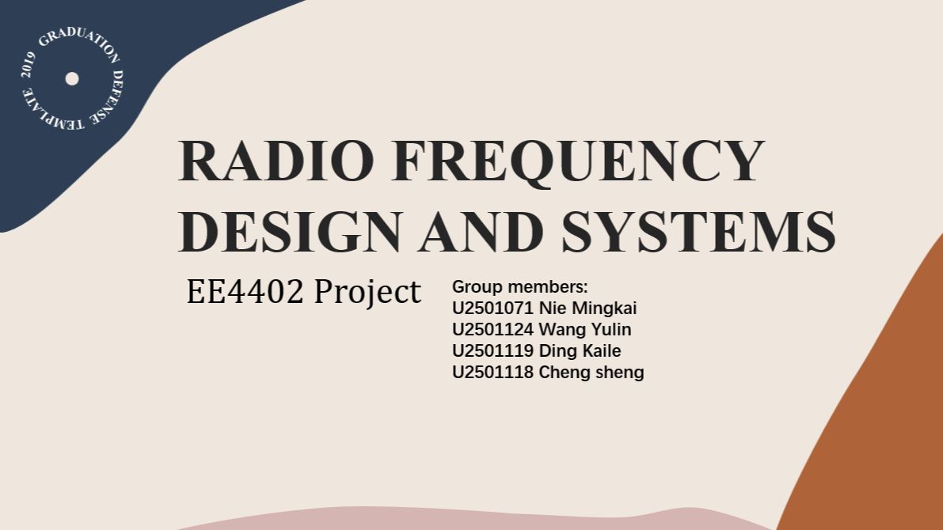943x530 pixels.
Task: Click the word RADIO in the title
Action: point(276,161)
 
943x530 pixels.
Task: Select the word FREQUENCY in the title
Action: point(578,162)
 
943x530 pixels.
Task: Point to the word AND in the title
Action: point(481,231)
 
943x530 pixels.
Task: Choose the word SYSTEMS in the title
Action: point(698,231)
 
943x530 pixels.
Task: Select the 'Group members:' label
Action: point(519,287)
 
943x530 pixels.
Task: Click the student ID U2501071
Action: point(492,309)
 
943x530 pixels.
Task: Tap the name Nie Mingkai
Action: point(587,309)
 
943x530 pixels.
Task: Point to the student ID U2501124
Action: point(492,330)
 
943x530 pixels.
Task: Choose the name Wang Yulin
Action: point(584,330)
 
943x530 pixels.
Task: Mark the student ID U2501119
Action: point(492,351)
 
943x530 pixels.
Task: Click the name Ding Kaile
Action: point(580,351)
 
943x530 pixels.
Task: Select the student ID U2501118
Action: point(492,373)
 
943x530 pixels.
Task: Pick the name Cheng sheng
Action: point(591,373)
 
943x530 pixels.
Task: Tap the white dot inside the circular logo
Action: point(72,79)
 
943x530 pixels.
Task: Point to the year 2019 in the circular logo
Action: point(28,65)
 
